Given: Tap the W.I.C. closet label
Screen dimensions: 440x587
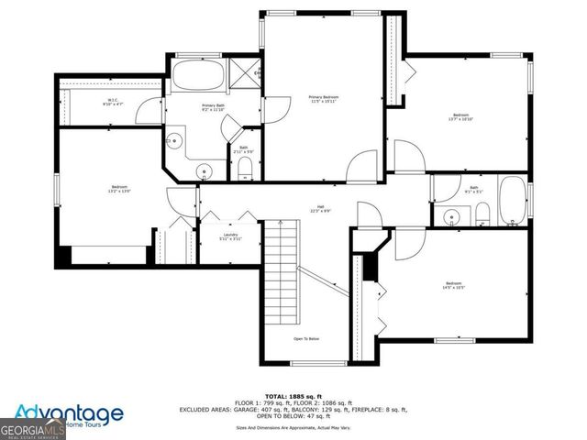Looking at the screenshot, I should point(113,103).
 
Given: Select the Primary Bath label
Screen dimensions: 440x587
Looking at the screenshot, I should point(213,107).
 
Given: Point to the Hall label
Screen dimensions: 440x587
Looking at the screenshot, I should point(321,207).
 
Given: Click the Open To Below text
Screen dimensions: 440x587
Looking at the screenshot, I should point(305,338).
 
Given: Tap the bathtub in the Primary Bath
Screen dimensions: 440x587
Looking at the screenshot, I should point(194,73).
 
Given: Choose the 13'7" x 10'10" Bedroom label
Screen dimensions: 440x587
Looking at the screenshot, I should point(460,116).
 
